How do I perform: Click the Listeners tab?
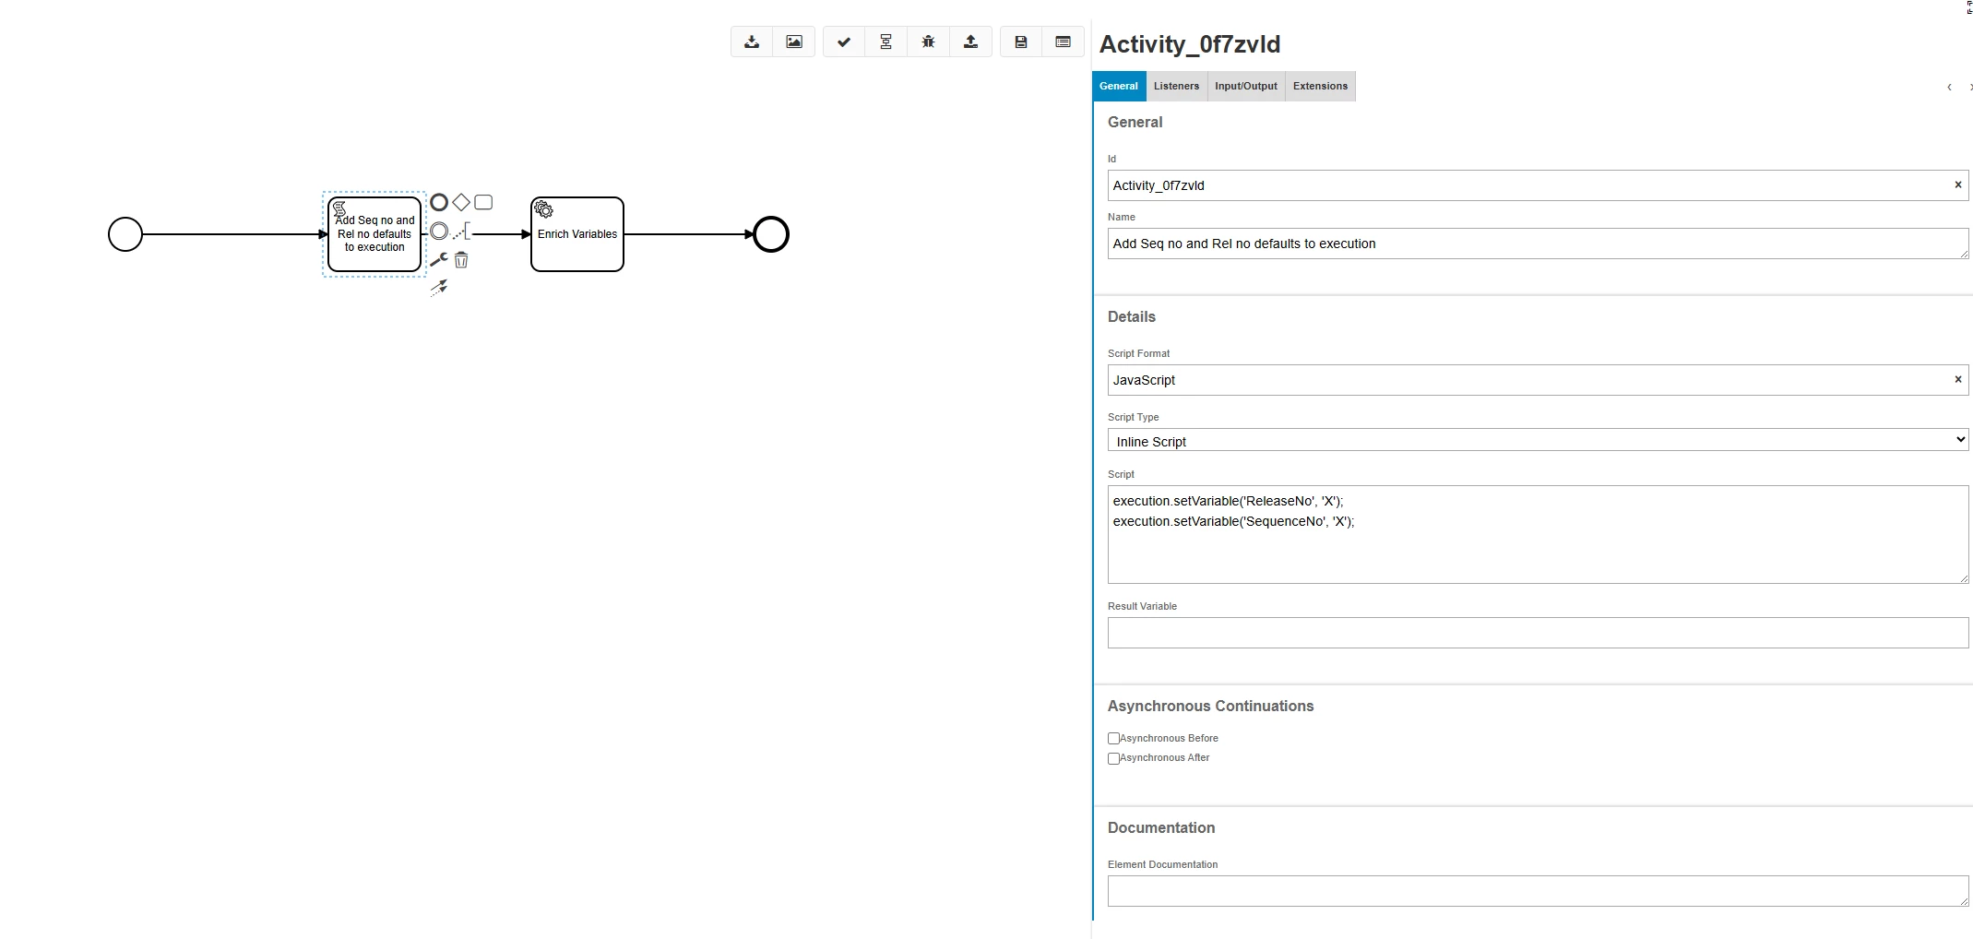tap(1176, 86)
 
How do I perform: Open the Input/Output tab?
tap(1245, 86)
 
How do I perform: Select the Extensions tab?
tap(1320, 86)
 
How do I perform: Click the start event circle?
tap(125, 234)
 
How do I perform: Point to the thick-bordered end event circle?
tap(771, 234)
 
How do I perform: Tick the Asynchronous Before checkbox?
tap(1113, 738)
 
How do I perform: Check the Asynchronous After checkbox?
tap(1113, 758)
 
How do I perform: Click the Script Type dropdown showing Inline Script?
tap(1537, 441)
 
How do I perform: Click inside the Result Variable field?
tap(1537, 633)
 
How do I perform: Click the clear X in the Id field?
tap(1958, 184)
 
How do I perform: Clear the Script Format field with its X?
tap(1958, 379)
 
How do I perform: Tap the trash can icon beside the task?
tap(461, 260)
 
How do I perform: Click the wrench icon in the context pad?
tap(439, 259)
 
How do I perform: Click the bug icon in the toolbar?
tap(928, 42)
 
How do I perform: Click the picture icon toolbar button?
tap(794, 42)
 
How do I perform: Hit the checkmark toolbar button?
tap(844, 42)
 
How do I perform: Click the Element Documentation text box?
tap(1537, 890)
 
